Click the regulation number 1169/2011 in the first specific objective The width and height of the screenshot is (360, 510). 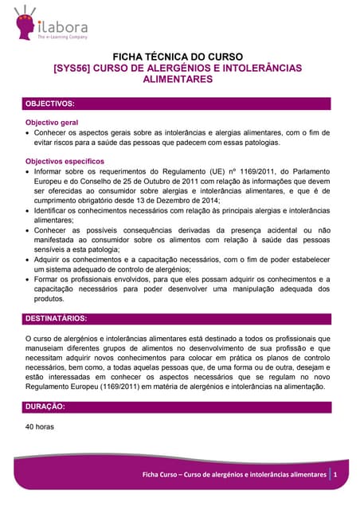(x=260, y=171)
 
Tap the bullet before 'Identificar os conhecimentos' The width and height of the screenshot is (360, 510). (x=29, y=211)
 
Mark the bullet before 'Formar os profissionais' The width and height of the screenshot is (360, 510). (x=29, y=280)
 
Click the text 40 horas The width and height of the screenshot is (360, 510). (x=40, y=426)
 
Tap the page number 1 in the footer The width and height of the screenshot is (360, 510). (x=336, y=475)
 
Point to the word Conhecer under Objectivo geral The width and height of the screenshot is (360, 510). (x=53, y=132)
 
